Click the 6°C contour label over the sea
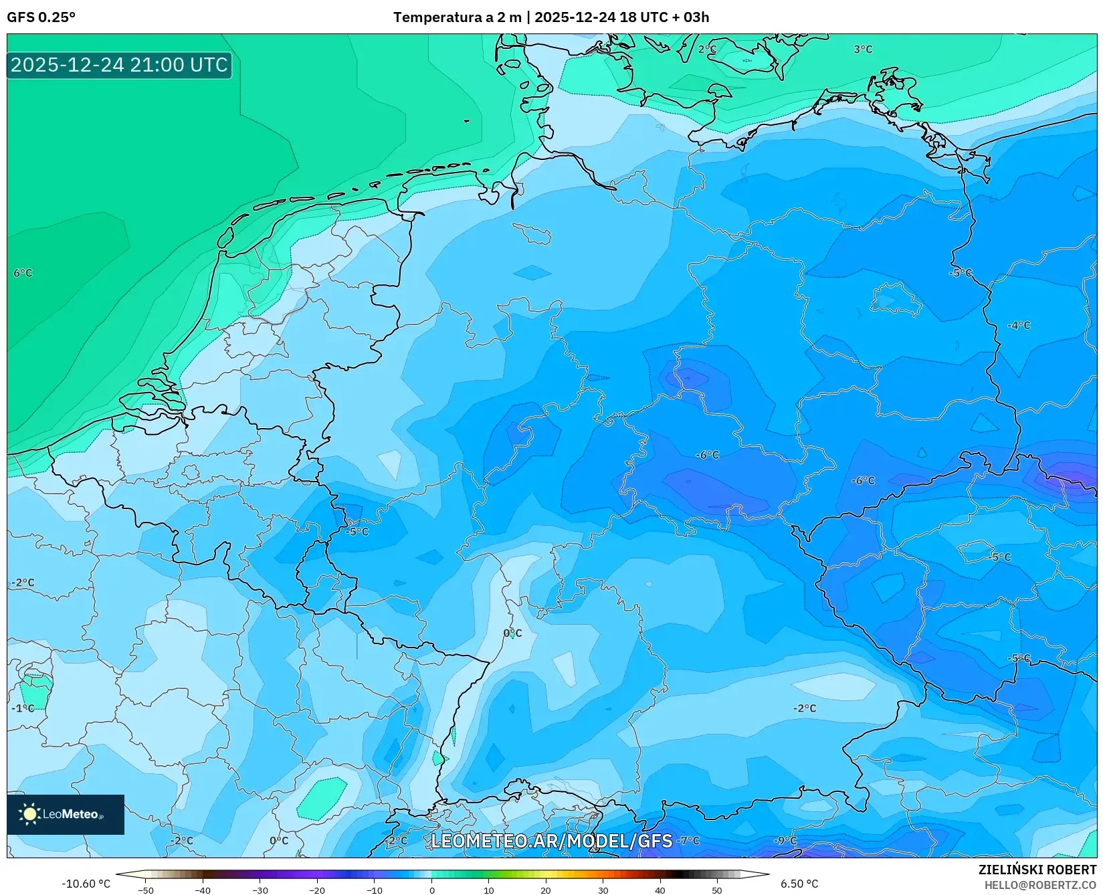(23, 273)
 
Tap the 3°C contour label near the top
(863, 49)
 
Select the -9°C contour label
(785, 841)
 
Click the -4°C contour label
(1019, 326)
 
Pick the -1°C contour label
(23, 708)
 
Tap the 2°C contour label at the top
(707, 49)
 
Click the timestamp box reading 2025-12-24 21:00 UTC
(119, 65)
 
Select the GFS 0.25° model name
(41, 17)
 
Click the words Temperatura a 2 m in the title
(457, 17)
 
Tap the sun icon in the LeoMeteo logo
(29, 814)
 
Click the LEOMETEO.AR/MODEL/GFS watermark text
(551, 841)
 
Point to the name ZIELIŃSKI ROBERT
(1037, 870)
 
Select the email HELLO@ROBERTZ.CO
(1040, 885)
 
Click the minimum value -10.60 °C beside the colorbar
(86, 884)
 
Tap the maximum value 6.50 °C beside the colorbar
(799, 884)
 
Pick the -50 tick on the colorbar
(146, 890)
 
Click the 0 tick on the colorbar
(431, 890)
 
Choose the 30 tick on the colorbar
(603, 890)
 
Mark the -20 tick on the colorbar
(317, 890)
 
